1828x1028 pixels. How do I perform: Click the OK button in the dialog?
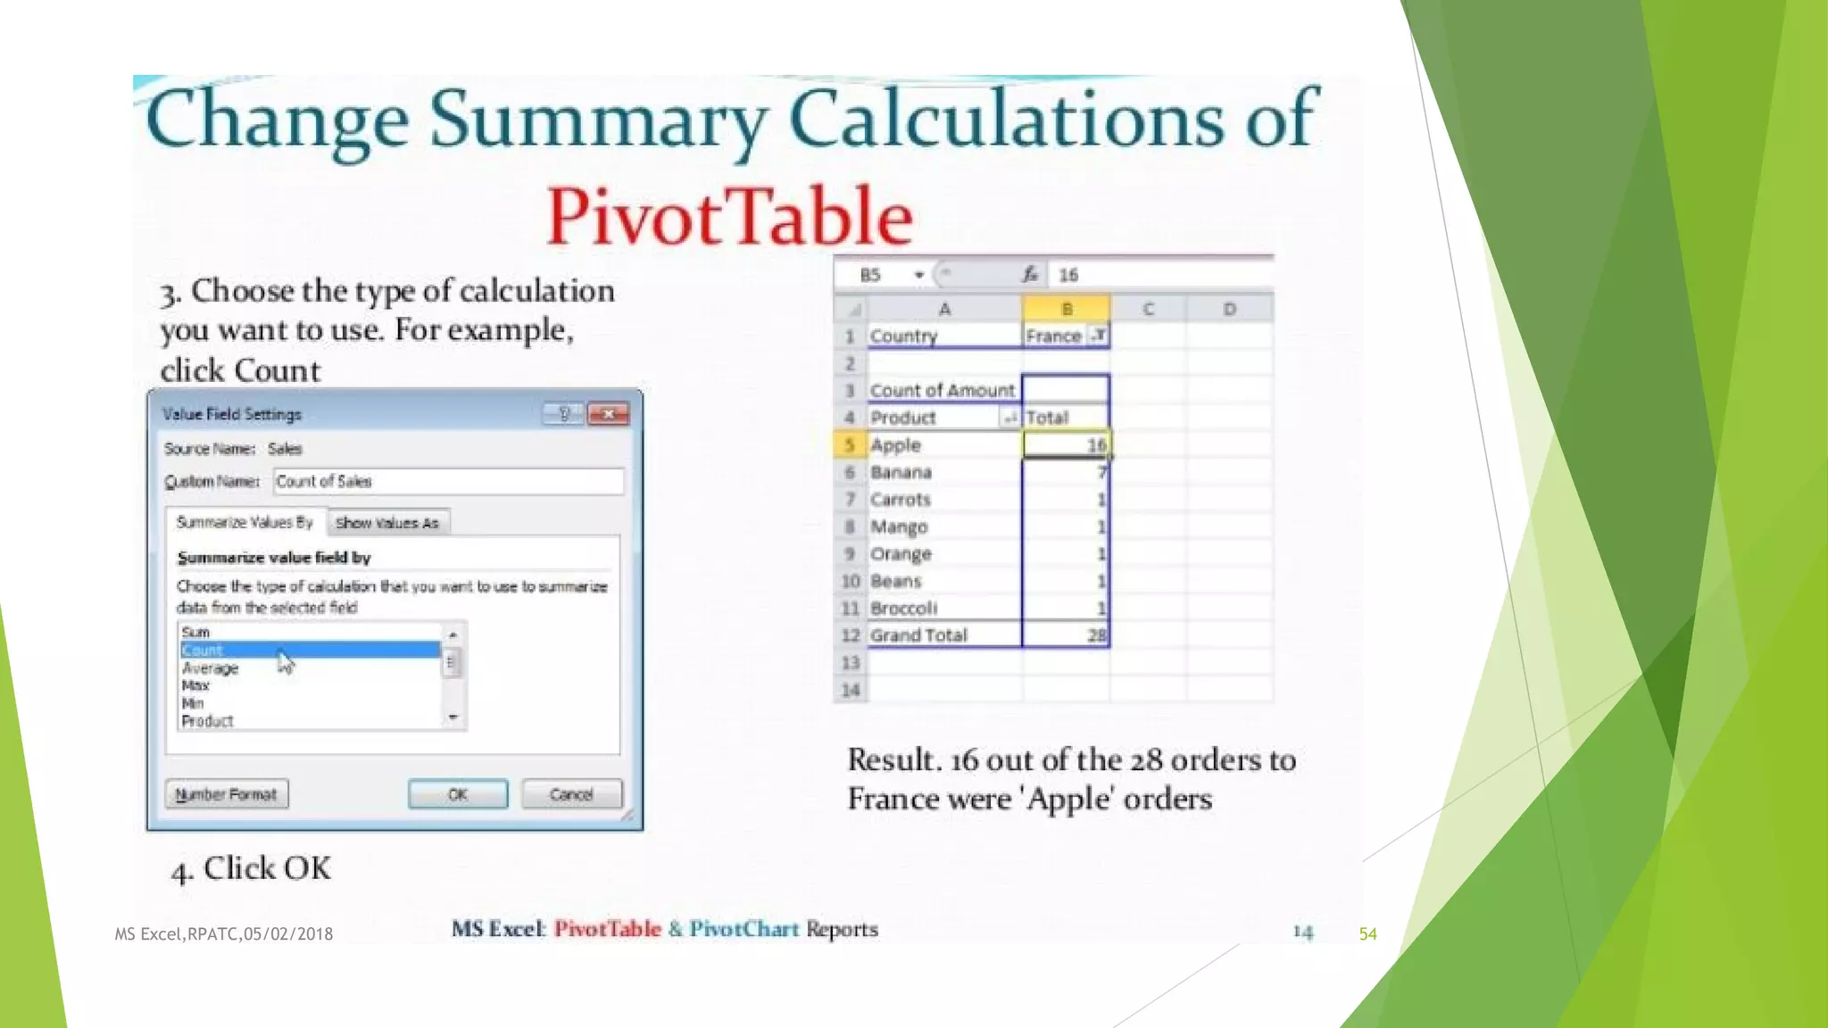458,793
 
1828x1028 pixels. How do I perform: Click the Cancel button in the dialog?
571,793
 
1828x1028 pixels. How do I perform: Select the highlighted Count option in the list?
310,650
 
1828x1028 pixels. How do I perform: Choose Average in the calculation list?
211,667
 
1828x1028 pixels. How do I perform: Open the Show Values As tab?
387,523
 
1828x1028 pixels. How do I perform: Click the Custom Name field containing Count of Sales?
448,482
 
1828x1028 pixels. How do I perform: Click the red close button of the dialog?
610,413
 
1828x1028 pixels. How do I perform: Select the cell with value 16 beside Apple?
1066,444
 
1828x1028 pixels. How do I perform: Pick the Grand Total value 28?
1066,634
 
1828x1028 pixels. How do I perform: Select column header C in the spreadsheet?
1148,309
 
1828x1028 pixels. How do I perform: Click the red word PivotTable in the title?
729,216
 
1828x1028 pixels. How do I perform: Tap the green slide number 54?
1367,933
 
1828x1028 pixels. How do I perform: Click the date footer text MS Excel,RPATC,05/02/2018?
223,933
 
